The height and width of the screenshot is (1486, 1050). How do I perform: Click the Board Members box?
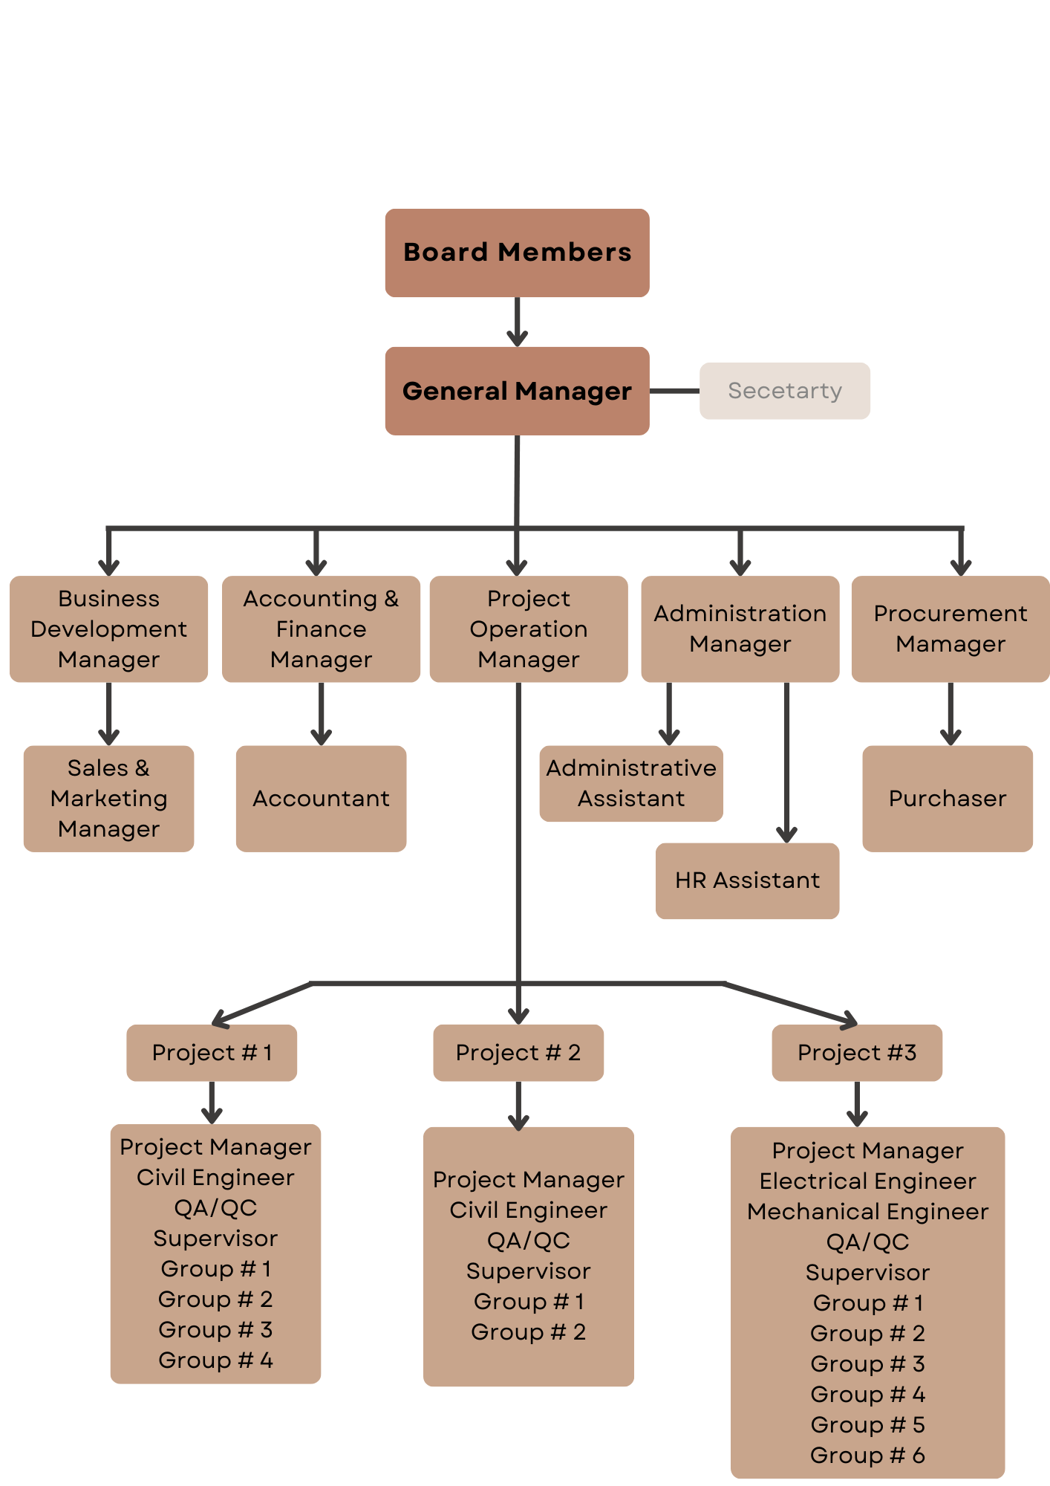pyautogui.click(x=517, y=253)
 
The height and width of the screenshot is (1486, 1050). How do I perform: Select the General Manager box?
pyautogui.click(x=517, y=391)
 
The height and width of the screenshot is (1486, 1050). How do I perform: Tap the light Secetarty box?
pyautogui.click(x=784, y=391)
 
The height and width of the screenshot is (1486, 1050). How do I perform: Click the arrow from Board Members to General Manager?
pyautogui.click(x=517, y=322)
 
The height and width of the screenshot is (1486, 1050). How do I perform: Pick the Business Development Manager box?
pyautogui.click(x=108, y=629)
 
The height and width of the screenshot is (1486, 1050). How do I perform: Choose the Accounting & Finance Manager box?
pyautogui.click(x=321, y=629)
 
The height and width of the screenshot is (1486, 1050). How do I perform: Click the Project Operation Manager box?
pyautogui.click(x=528, y=629)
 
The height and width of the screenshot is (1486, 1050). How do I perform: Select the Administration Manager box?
pyautogui.click(x=740, y=629)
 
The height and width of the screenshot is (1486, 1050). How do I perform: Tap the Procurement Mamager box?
pyautogui.click(x=950, y=629)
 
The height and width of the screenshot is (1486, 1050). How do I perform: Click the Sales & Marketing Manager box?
pyautogui.click(x=108, y=798)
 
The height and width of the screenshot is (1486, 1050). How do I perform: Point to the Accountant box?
pyautogui.click(x=321, y=798)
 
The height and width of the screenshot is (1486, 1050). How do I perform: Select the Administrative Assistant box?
pyautogui.click(x=631, y=783)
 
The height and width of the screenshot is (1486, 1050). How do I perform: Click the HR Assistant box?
pyautogui.click(x=747, y=880)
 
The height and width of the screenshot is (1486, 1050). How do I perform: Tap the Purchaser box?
pyautogui.click(x=947, y=798)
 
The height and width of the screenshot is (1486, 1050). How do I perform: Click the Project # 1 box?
pyautogui.click(x=212, y=1052)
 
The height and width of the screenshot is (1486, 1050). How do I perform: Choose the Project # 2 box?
pyautogui.click(x=518, y=1052)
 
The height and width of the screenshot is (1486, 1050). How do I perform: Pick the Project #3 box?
pyautogui.click(x=857, y=1052)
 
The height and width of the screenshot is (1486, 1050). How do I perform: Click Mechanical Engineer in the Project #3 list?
pyautogui.click(x=867, y=1211)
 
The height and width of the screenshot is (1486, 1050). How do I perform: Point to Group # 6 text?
pyautogui.click(x=867, y=1455)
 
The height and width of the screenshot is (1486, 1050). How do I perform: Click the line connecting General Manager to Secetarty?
pyautogui.click(x=674, y=391)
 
